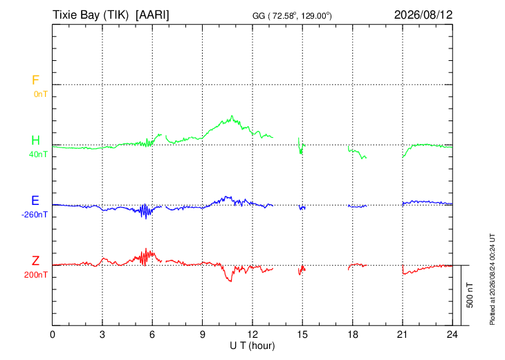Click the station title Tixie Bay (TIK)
tap(91, 15)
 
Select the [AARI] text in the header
tap(152, 15)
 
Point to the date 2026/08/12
tap(423, 15)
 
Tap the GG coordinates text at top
tap(292, 16)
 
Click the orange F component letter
tap(35, 80)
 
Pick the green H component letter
tap(35, 141)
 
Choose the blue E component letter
tap(35, 201)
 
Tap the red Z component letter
tap(35, 260)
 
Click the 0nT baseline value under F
tap(41, 94)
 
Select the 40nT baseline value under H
tap(38, 154)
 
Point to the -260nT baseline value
tap(35, 215)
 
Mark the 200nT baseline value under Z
tap(36, 275)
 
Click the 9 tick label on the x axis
tap(202, 334)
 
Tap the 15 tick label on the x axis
tap(302, 334)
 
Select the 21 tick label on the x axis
tap(402, 334)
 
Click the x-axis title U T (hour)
tap(252, 346)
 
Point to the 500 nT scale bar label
tap(470, 295)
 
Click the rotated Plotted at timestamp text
tap(492, 279)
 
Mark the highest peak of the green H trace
tap(232, 116)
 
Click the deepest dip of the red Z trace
tap(230, 281)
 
